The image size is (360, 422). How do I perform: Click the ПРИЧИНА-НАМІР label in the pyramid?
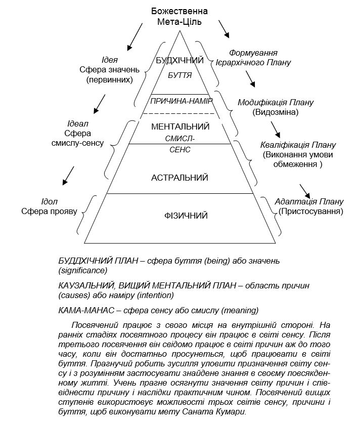point(180,101)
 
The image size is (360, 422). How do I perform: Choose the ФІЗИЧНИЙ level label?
point(180,216)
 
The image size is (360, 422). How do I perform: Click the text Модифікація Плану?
point(276,103)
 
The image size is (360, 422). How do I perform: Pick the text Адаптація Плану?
point(309,201)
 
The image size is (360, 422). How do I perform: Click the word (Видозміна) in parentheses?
point(276,112)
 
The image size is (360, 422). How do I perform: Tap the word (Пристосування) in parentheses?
point(310,210)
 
